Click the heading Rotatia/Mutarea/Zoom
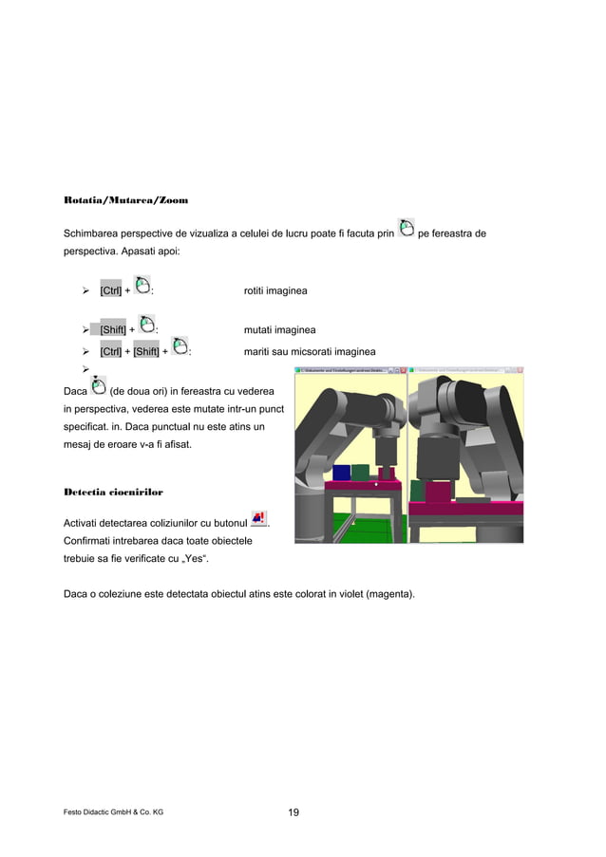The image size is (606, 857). coord(125,201)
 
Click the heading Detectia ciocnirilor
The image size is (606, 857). coord(113,493)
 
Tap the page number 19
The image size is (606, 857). coord(294,812)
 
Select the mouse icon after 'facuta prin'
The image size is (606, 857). coord(406,228)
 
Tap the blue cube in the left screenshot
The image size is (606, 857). coord(341,473)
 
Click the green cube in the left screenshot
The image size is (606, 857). coord(362,472)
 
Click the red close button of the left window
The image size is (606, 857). coord(402,370)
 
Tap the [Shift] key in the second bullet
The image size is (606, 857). coord(113,330)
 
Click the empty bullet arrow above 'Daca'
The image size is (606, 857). coord(85,369)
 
